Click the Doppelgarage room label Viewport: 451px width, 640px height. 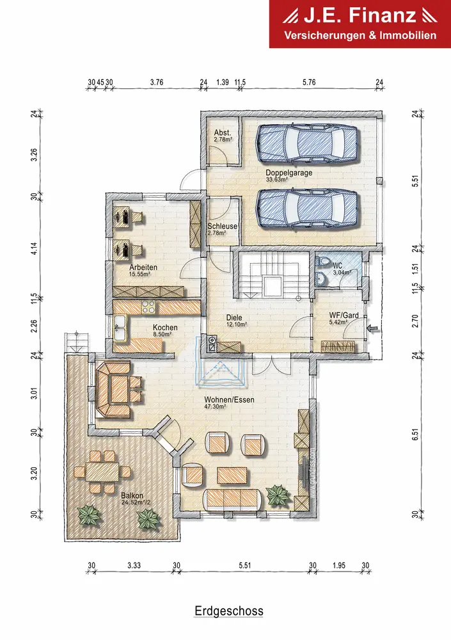pos(289,173)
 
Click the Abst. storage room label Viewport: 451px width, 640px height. pos(223,132)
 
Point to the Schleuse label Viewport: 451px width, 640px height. pos(222,226)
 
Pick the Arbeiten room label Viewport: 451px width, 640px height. pos(143,268)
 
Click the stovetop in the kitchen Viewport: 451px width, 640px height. pos(148,307)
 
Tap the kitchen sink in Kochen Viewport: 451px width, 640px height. pos(120,327)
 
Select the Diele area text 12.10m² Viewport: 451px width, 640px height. pos(237,324)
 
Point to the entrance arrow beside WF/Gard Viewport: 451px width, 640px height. pos(374,328)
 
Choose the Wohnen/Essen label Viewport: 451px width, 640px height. pos(230,399)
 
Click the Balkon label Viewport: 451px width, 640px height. pos(132,495)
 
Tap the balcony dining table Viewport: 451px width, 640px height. pos(102,472)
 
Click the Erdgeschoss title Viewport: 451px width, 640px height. pos(229,611)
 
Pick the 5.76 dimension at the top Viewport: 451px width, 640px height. pos(309,82)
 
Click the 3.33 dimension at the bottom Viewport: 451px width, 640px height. pos(134,565)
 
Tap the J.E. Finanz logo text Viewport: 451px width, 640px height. pos(360,15)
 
